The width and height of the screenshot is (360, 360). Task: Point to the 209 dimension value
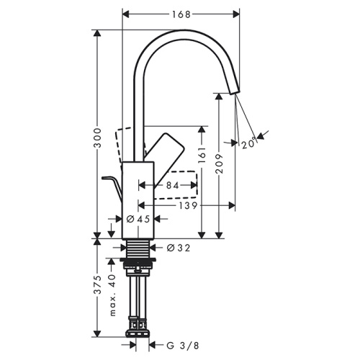click(221, 167)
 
